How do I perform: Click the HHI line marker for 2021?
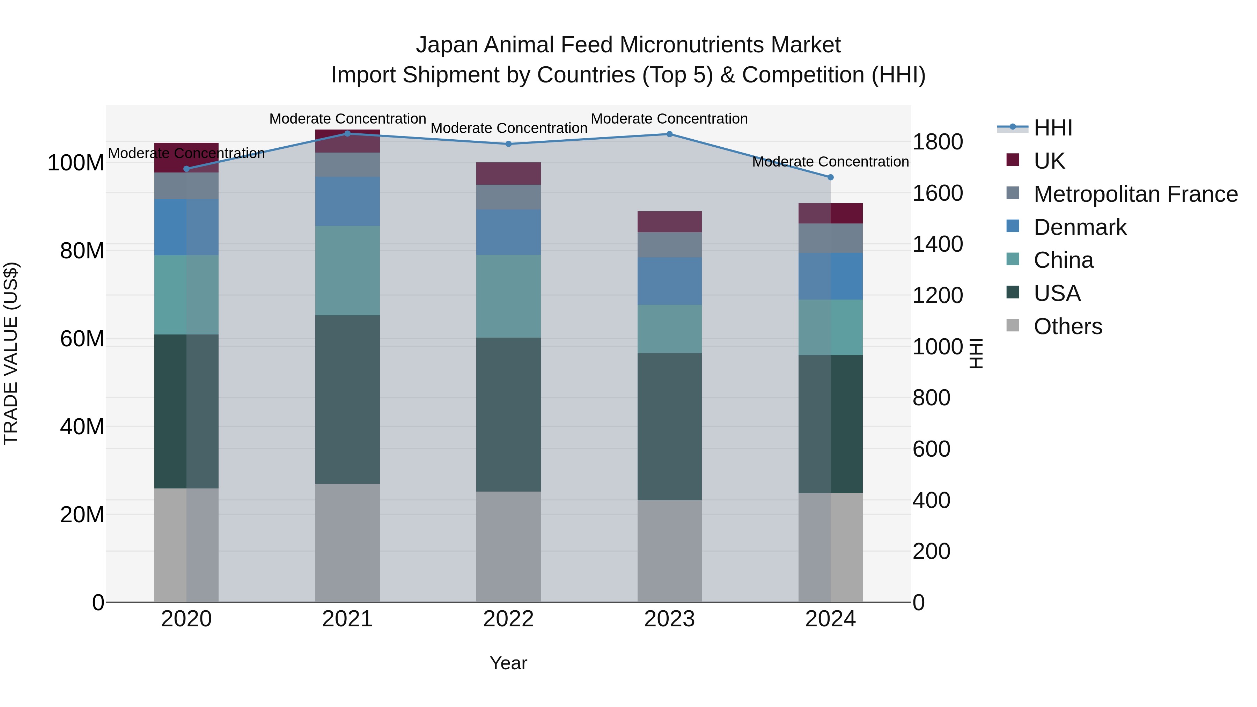347,133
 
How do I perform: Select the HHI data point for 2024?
831,177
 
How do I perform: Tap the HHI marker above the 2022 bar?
508,144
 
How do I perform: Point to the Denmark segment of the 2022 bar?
508,232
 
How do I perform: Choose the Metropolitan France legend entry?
1135,194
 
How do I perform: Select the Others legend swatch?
1013,325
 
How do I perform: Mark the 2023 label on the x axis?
669,619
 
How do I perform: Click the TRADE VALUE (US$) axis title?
11,353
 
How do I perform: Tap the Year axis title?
508,663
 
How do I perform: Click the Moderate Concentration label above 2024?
831,162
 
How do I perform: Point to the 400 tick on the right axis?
931,500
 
